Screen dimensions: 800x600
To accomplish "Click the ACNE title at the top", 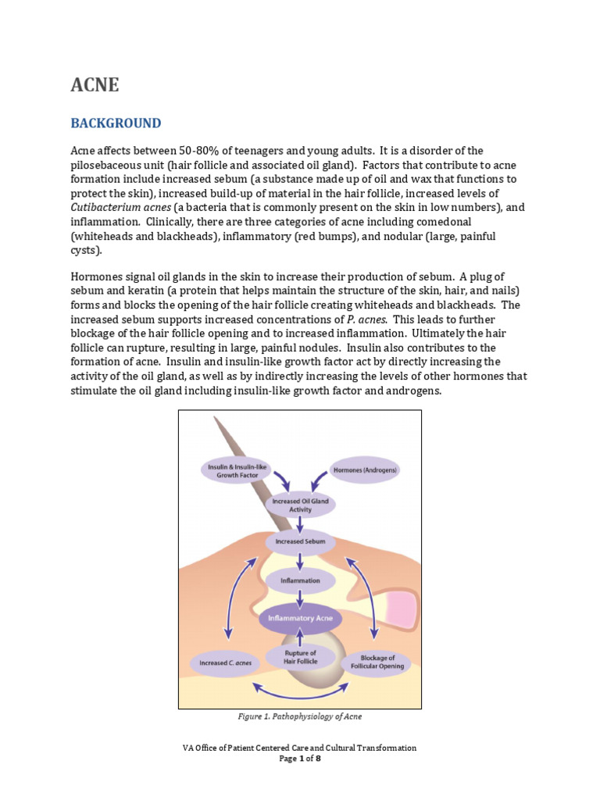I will tap(95, 85).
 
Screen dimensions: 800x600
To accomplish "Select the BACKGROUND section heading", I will tap(116, 123).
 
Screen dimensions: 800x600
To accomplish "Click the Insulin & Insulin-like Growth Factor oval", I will tap(232, 470).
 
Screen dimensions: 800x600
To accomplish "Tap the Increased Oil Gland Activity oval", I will tap(300, 505).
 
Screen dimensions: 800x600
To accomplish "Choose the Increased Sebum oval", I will tap(300, 541).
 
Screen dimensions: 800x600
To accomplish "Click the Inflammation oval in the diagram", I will tap(300, 580).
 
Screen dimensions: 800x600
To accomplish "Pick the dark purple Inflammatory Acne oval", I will tap(300, 618).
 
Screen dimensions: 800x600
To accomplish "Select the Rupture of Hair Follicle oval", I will tap(300, 658).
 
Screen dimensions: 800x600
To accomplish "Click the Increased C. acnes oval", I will tap(225, 663).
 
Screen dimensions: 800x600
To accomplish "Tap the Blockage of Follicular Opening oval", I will tap(377, 662).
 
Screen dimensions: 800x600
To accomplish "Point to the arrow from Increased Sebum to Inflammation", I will tap(300, 561).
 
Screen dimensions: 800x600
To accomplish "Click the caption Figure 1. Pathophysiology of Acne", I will tap(300, 716).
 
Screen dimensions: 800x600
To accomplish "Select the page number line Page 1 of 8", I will tap(300, 758).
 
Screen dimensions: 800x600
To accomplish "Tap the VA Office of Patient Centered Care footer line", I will tap(300, 748).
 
